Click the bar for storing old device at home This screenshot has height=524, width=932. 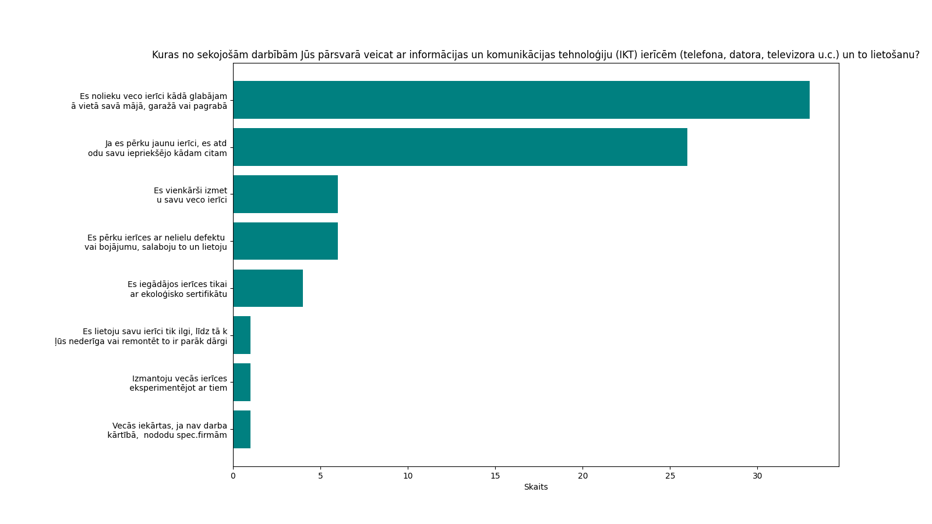click(x=521, y=100)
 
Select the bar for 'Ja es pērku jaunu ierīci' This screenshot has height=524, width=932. click(x=460, y=147)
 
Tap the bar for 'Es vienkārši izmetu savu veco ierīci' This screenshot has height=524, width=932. click(x=285, y=194)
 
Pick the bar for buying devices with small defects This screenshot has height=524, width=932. click(x=285, y=241)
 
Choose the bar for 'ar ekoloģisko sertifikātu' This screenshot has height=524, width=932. click(x=268, y=288)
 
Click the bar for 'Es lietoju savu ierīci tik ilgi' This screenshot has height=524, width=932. click(x=242, y=335)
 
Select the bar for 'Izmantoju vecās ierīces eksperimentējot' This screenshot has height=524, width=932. click(x=242, y=383)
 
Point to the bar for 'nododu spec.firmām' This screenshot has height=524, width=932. click(x=242, y=430)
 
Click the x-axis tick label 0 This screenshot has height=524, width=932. click(x=233, y=476)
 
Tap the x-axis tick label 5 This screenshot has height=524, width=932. click(x=320, y=476)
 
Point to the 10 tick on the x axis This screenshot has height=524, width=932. click(x=408, y=476)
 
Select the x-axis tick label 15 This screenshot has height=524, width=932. click(x=495, y=476)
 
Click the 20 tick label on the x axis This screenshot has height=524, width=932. click(x=582, y=476)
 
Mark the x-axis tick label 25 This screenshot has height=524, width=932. click(x=670, y=476)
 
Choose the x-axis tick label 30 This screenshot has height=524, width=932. click(x=757, y=476)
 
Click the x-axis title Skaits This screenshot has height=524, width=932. click(x=536, y=487)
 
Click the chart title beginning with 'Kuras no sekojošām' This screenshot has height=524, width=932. click(x=536, y=55)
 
